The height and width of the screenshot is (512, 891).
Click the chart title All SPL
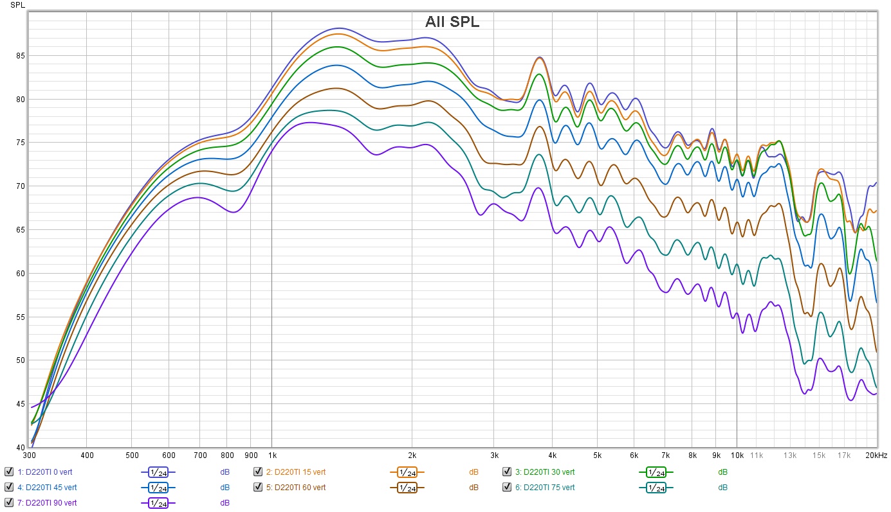[452, 22]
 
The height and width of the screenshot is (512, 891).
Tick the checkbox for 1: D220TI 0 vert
[8, 472]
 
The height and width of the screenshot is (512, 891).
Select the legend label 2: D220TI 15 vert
[295, 472]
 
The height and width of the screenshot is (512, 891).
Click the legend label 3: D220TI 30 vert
[544, 472]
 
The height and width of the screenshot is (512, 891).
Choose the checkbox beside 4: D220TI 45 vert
[8, 487]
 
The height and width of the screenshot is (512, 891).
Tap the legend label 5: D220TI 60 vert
[295, 487]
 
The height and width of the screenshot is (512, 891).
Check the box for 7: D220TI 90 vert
[8, 502]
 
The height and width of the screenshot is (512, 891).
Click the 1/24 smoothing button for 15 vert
[407, 472]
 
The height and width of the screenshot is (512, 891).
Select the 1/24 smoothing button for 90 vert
[158, 503]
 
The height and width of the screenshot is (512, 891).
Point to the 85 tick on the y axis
[19, 56]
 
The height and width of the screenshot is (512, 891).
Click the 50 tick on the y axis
[19, 360]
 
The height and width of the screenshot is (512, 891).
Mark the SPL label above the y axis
[17, 4]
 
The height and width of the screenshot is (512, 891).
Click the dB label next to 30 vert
[722, 472]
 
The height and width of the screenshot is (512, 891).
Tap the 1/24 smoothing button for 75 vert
[656, 488]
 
